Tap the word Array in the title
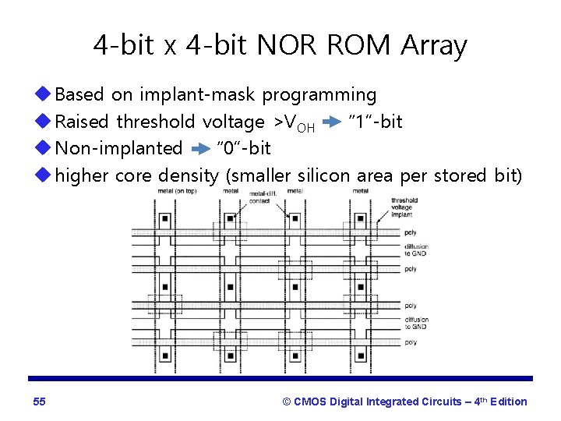tap(434, 45)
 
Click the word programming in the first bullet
tap(319, 95)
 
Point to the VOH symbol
tap(297, 123)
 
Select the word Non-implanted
tap(118, 149)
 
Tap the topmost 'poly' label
tap(410, 232)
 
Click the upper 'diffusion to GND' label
tap(416, 250)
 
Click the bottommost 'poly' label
tap(410, 342)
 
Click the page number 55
tap(40, 402)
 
